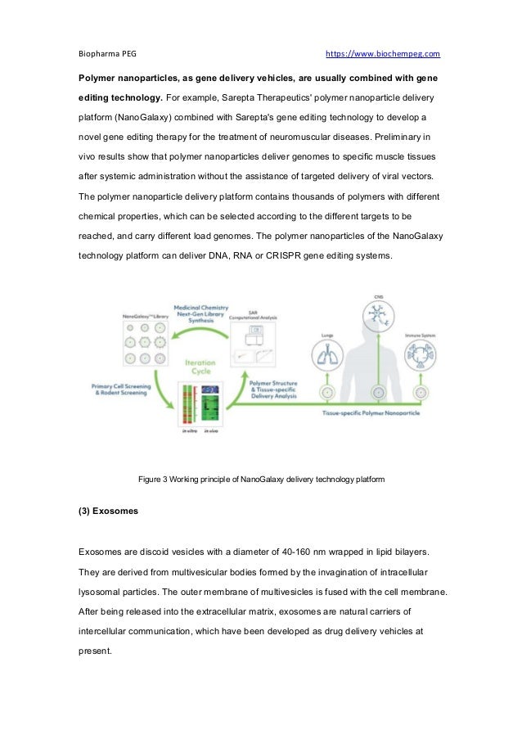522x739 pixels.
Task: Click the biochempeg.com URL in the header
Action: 383,54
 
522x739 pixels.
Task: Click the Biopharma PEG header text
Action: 107,54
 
